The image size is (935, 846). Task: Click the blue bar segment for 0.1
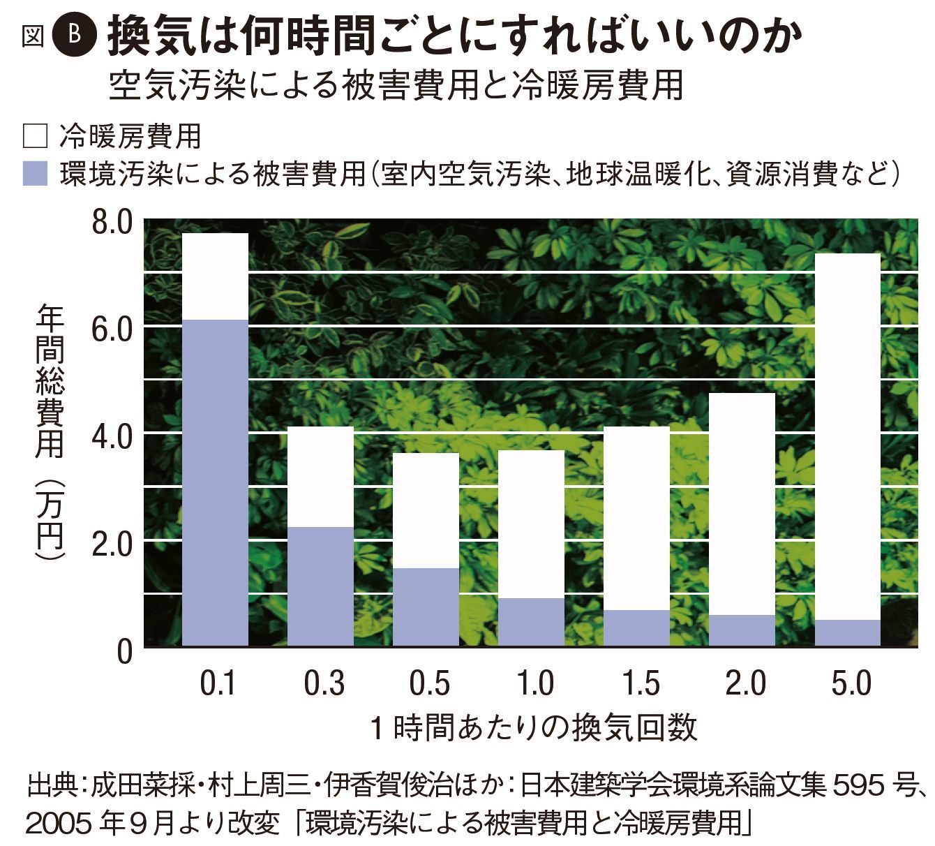[x=215, y=482]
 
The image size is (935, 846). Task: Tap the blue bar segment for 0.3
[x=321, y=586]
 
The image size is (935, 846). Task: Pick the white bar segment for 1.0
[x=532, y=524]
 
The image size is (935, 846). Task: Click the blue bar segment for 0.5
[x=426, y=607]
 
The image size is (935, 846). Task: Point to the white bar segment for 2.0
[x=742, y=503]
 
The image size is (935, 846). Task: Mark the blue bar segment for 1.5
[x=636, y=628]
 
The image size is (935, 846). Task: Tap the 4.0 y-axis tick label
[x=112, y=437]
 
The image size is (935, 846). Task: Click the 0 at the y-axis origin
[x=124, y=651]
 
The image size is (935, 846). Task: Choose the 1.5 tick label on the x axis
[x=639, y=683]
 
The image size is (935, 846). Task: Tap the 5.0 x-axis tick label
[x=851, y=683]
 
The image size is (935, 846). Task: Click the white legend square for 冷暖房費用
[x=34, y=136]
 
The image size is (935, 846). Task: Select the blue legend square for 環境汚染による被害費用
[x=34, y=173]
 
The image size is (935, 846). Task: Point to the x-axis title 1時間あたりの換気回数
[x=534, y=727]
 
